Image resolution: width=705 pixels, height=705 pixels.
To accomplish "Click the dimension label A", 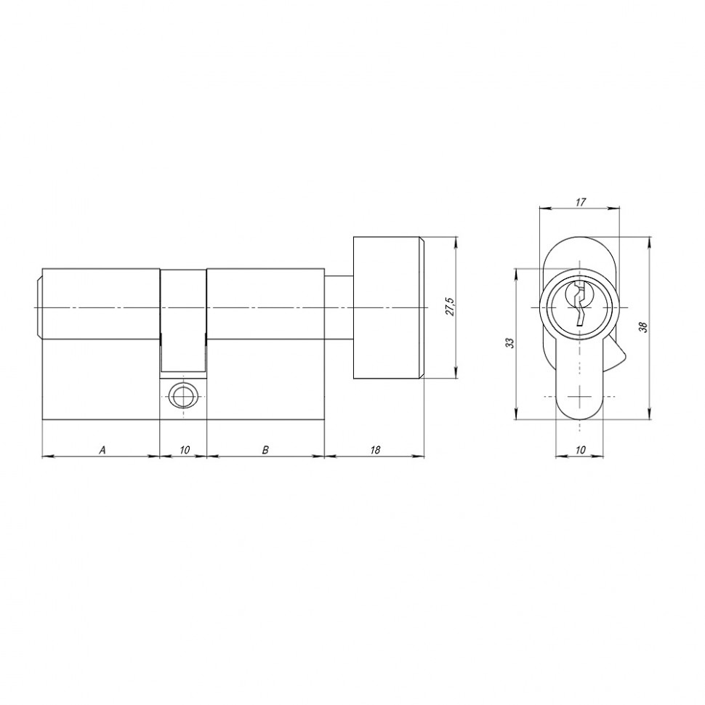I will pos(102,450).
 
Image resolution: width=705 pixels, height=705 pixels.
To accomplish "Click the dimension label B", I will pos(266,450).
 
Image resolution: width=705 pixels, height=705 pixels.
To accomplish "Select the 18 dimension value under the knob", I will pos(375,450).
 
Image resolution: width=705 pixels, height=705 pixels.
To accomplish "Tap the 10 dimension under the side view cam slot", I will pos(184,450).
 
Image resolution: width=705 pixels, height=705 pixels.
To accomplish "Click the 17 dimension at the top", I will pos(580,202).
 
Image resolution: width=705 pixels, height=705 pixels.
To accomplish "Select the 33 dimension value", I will pos(510,342).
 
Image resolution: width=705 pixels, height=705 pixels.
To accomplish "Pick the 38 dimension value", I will pos(642,327).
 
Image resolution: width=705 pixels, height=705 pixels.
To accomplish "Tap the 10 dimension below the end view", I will pos(580,450).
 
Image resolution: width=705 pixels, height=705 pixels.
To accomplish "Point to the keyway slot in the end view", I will pos(579,305).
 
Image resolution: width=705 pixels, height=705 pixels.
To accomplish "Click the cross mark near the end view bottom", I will pos(579,396).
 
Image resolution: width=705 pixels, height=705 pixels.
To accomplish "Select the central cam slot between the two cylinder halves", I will pos(182,320).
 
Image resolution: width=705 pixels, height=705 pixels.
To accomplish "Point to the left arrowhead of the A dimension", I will pos(47,456).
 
